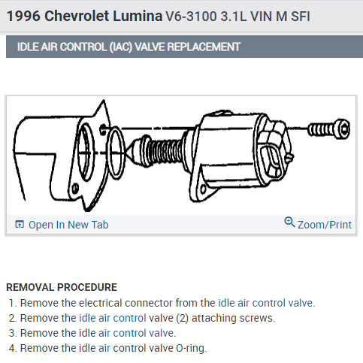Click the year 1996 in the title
(x=23, y=17)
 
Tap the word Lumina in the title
(x=138, y=17)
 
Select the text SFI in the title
(x=301, y=17)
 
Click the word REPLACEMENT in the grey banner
(x=204, y=47)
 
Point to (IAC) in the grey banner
(x=121, y=47)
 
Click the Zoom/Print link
(x=325, y=225)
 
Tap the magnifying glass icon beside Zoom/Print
(x=289, y=222)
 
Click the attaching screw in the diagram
(x=328, y=129)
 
